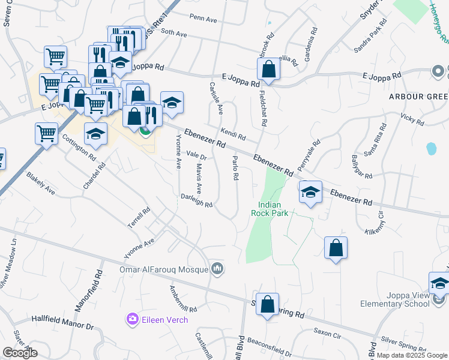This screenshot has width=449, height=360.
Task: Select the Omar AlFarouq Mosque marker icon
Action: point(217,269)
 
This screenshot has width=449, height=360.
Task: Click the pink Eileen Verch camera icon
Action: point(132,319)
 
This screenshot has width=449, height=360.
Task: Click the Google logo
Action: point(20,353)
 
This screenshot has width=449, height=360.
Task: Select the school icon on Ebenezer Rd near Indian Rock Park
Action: point(310,193)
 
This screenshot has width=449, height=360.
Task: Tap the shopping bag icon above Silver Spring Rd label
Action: point(267,304)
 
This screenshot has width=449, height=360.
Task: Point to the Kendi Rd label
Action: point(233,134)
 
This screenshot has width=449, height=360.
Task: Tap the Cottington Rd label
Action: point(79,148)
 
